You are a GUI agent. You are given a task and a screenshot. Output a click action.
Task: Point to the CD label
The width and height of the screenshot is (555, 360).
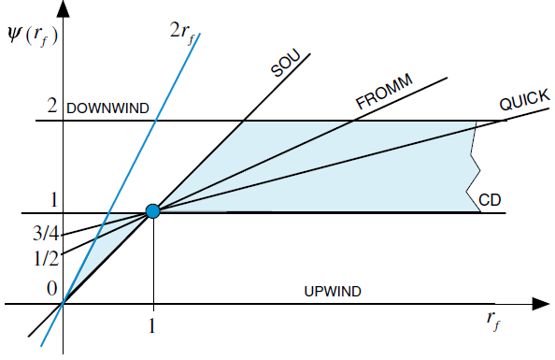[x=491, y=199]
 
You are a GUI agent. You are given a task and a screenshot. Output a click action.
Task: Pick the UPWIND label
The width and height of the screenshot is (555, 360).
[x=333, y=292]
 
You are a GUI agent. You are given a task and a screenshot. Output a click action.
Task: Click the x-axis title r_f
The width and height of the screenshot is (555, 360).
[x=494, y=321]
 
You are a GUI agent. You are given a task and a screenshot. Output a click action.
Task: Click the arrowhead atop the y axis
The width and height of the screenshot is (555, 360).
[x=64, y=8]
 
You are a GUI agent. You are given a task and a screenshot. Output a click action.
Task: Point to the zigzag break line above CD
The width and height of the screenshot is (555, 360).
[x=473, y=166]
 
